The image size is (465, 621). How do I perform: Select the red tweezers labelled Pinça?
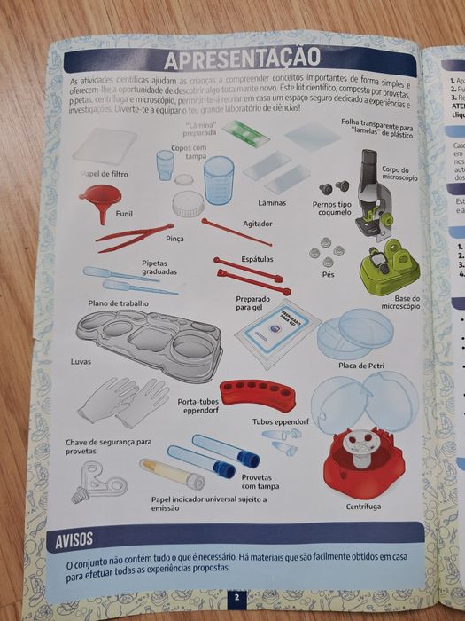coord(133,236)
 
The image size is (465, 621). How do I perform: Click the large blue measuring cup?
coord(218,180)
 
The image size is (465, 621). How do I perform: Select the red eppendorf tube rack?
coord(258,393)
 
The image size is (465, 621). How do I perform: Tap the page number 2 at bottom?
coord(237,598)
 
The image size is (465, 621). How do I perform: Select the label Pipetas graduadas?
coord(160,267)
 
